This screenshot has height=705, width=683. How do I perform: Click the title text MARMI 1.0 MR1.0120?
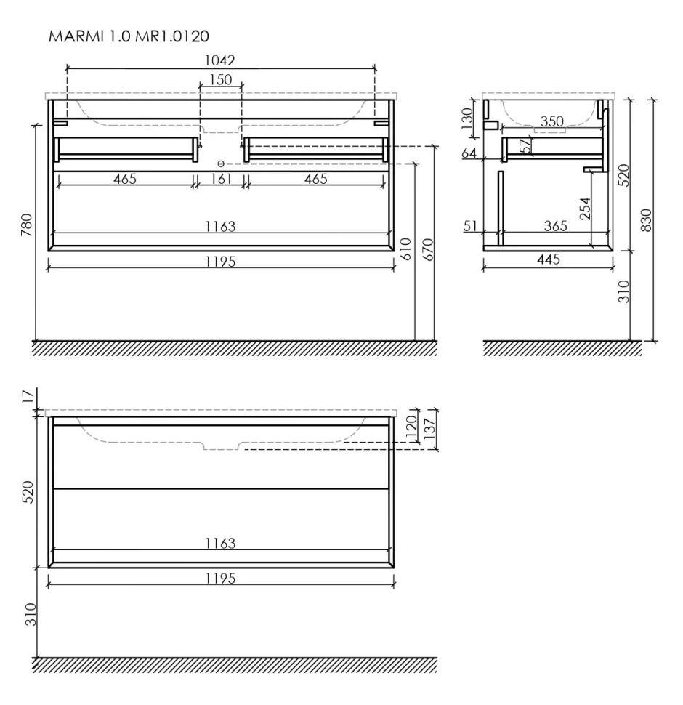[123, 36]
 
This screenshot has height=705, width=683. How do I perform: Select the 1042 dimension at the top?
[220, 60]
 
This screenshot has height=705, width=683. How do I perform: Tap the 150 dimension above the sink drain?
[220, 79]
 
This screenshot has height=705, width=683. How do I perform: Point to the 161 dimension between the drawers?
[220, 179]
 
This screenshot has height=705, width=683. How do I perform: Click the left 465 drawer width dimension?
[125, 179]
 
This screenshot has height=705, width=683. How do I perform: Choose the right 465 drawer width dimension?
[315, 179]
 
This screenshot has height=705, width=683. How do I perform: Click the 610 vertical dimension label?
[406, 249]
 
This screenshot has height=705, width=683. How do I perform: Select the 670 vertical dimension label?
[427, 249]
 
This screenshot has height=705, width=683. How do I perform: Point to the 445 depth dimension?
[551, 259]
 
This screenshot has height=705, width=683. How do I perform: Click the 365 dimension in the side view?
[555, 226]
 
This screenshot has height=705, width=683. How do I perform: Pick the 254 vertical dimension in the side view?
[585, 209]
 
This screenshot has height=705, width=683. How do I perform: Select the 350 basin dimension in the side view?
[552, 121]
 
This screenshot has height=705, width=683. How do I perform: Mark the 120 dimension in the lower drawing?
[411, 425]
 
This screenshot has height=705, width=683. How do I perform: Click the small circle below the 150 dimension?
[221, 164]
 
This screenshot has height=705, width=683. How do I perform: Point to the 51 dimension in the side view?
[469, 226]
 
